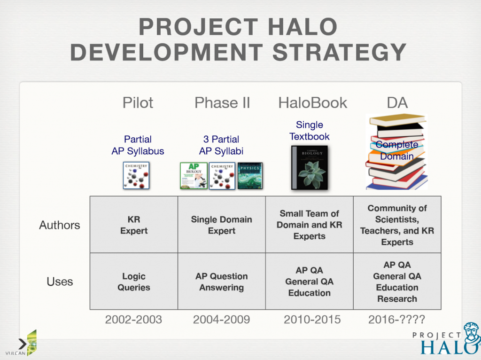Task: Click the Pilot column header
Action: (138, 102)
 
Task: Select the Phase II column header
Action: (222, 102)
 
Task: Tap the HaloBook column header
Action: (312, 102)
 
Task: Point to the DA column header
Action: (397, 102)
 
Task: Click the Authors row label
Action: (60, 225)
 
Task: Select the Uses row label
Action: (60, 282)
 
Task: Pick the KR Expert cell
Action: (134, 225)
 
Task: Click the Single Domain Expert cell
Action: (222, 225)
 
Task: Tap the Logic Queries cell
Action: (134, 282)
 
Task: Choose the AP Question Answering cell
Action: (222, 282)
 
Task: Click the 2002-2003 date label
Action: (133, 320)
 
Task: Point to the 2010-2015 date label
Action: (312, 320)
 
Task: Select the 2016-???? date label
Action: (396, 320)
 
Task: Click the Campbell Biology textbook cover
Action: (310, 168)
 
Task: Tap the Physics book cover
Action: (250, 176)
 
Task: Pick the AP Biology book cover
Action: (194, 176)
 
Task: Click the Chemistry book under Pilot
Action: (136, 175)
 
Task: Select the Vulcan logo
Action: (22, 344)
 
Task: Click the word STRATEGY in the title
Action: (339, 53)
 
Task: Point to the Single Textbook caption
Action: (310, 131)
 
